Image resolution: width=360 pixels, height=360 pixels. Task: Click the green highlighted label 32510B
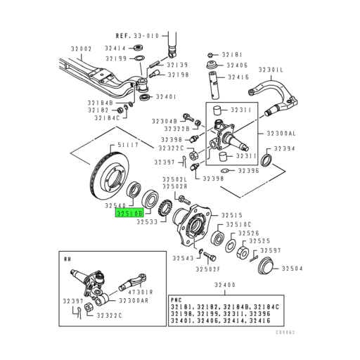click(x=129, y=213)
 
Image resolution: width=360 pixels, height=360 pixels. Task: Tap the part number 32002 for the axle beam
click(x=81, y=49)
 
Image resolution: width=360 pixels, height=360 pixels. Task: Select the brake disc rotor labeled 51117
click(x=110, y=176)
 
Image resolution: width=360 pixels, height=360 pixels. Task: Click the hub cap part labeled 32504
click(x=266, y=266)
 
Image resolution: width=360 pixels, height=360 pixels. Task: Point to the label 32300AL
click(x=281, y=134)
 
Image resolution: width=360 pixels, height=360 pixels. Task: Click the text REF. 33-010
click(x=137, y=36)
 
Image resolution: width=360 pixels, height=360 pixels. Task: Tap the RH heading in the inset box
click(x=67, y=259)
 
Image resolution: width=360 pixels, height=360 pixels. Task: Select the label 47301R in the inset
click(x=141, y=292)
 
